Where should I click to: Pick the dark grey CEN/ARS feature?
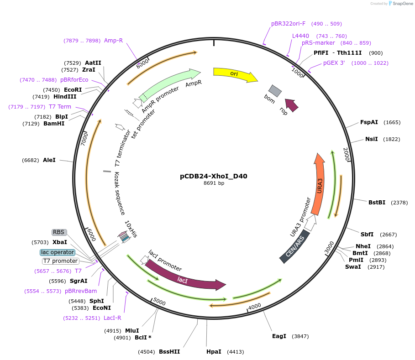tap(294, 247)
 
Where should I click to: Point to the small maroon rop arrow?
tap(292, 105)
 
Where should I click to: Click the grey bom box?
tap(274, 91)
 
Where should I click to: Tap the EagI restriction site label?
tap(279, 336)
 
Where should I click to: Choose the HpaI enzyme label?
tap(214, 352)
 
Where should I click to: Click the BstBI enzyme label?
tap(377, 202)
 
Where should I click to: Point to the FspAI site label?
tap(369, 122)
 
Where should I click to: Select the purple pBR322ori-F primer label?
tap(288, 23)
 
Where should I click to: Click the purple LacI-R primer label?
tap(112, 318)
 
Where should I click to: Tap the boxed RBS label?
tap(59, 232)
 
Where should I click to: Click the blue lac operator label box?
tap(58, 252)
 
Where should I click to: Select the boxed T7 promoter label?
tap(61, 261)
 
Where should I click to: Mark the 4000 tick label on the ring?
tap(254, 306)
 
